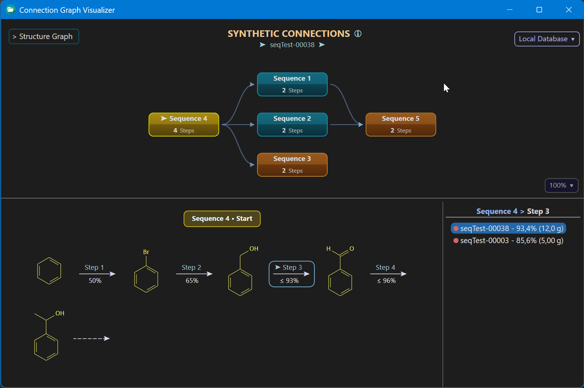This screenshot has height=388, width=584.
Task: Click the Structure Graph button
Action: click(x=44, y=37)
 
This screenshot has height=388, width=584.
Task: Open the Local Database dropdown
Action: click(x=547, y=39)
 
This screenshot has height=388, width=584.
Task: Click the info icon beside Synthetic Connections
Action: click(x=358, y=34)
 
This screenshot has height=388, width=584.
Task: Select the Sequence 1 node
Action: click(x=292, y=84)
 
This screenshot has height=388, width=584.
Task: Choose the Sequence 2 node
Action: click(x=292, y=124)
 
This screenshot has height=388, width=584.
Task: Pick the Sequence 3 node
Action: click(x=292, y=165)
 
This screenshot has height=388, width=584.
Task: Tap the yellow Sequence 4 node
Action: click(x=184, y=124)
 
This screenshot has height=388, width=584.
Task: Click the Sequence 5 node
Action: click(x=401, y=124)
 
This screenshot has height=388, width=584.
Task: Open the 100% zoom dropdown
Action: click(x=561, y=185)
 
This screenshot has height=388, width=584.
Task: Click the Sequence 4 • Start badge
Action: click(x=222, y=219)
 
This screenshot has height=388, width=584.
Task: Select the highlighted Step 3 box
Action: click(x=292, y=274)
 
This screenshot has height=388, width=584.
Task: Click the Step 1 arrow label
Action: click(x=94, y=268)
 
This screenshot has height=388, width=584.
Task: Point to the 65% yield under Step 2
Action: click(x=192, y=281)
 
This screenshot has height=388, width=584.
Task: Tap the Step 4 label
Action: click(x=385, y=268)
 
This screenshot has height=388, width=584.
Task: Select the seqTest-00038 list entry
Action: click(x=508, y=228)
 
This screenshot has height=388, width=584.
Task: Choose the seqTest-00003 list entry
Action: click(x=508, y=241)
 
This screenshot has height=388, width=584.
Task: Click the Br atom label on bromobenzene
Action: click(x=146, y=252)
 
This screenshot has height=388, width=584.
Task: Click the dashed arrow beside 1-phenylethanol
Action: click(x=92, y=338)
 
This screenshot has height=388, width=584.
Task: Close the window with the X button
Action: click(x=569, y=9)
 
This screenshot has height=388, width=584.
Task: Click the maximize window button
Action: click(x=539, y=9)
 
